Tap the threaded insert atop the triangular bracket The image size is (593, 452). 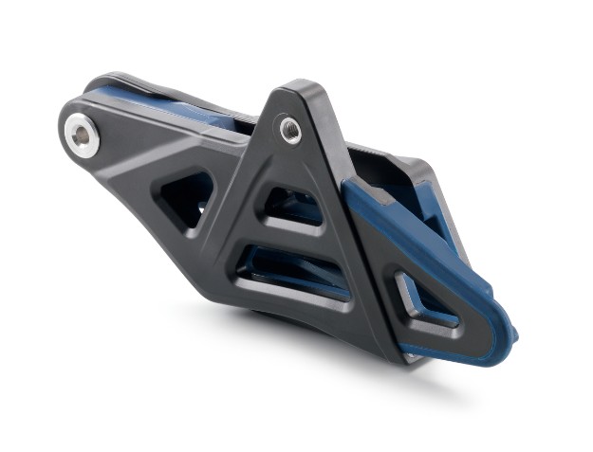tap(290, 128)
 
